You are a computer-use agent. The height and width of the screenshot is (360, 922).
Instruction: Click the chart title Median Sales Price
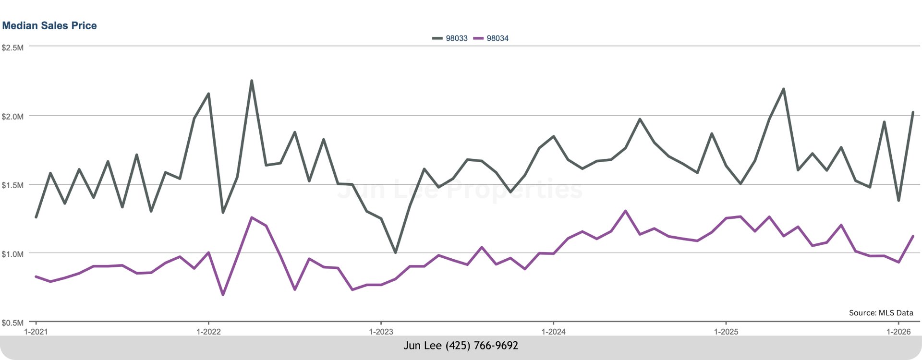(x=49, y=25)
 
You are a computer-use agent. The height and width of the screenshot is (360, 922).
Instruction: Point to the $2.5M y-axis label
(x=12, y=48)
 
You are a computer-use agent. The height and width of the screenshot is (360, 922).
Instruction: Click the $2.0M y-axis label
(x=12, y=117)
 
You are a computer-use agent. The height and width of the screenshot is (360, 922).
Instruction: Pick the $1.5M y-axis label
(x=12, y=185)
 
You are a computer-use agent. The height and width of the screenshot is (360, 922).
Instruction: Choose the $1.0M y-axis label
(x=12, y=254)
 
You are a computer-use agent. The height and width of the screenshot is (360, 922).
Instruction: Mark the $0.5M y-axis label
(x=12, y=323)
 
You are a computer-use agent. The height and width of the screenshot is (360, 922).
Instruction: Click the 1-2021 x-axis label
(x=36, y=332)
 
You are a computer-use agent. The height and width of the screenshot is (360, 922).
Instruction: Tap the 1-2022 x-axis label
(x=208, y=332)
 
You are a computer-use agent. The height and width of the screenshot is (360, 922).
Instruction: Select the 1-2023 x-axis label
(x=381, y=332)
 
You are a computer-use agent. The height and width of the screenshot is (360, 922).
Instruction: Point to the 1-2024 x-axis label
(x=553, y=332)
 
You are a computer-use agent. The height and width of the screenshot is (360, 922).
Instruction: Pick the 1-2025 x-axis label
(x=726, y=332)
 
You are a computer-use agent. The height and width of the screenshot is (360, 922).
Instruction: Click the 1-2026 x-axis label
(x=898, y=332)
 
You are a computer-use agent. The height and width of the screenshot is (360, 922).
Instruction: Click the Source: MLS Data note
(x=881, y=313)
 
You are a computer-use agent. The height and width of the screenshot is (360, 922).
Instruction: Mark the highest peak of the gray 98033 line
(x=252, y=81)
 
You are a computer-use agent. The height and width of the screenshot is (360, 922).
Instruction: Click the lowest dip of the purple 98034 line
(x=223, y=295)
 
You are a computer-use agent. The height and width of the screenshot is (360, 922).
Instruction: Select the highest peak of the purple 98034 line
(x=625, y=211)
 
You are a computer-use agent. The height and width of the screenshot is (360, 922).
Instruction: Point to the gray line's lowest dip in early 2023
(x=395, y=252)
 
